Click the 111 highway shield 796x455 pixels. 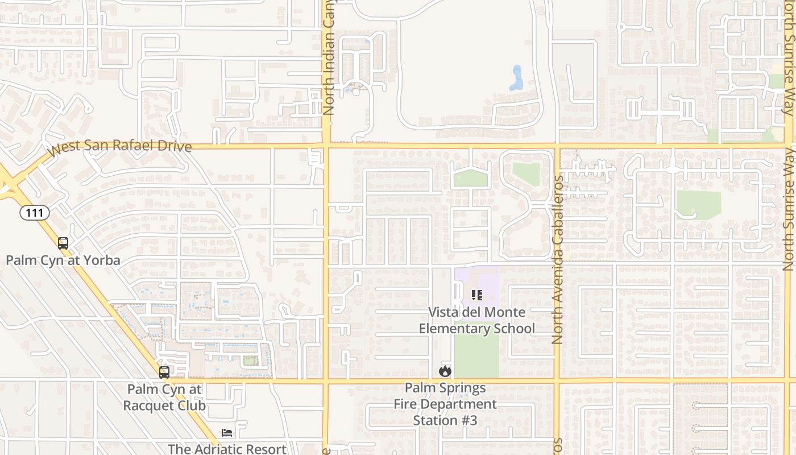pos(35,213)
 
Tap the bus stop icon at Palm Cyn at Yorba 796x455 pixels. pos(63,243)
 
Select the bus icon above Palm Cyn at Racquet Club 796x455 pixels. pos(164,373)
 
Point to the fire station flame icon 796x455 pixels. pos(445,371)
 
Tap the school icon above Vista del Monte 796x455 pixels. pos(477,295)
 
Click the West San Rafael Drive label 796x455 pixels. pos(120,147)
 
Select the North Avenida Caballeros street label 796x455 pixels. pos(558,259)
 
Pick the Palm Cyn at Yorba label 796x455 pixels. pos(63,260)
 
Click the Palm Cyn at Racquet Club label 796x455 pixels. pos(164,398)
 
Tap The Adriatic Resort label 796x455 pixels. pos(227,449)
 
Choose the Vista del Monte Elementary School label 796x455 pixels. pos(477,320)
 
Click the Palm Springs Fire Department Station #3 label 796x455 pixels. pos(445,404)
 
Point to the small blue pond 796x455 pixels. pos(517,78)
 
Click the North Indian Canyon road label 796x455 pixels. pos(329,57)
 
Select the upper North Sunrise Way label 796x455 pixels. pos(788,57)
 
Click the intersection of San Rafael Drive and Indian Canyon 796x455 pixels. pos(326,146)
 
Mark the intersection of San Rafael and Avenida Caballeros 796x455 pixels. pos(557,146)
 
